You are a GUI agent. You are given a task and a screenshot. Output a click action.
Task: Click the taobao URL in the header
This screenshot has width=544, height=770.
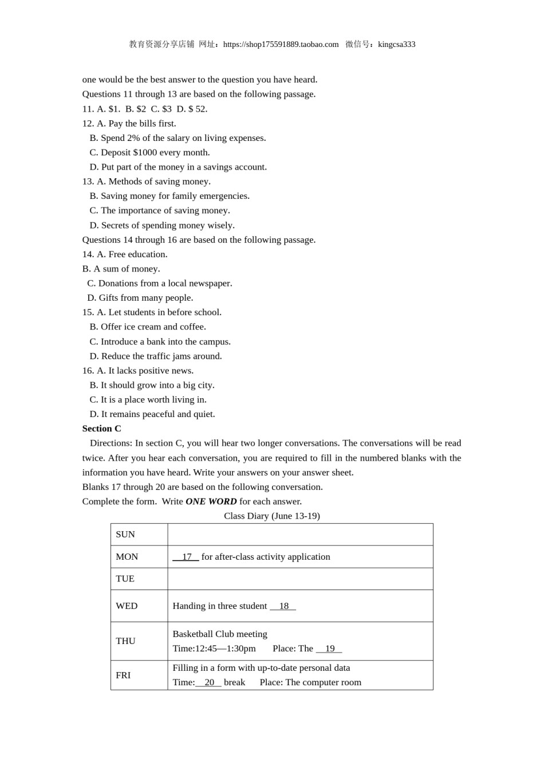pos(281,45)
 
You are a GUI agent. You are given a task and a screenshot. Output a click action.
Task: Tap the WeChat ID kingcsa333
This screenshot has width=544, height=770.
pos(396,45)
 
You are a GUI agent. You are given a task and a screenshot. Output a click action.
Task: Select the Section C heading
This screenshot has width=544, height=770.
pos(102,429)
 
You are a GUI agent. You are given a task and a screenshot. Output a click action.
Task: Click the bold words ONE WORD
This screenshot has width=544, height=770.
pos(211,501)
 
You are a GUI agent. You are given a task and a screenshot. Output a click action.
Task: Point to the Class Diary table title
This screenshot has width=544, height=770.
pos(271,516)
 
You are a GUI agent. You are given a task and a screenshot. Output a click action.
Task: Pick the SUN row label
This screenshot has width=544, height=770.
pos(125,535)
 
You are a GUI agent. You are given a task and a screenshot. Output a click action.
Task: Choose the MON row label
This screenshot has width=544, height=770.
pos(127,557)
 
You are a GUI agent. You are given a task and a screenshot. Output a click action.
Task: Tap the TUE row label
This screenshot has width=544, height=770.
pos(125,579)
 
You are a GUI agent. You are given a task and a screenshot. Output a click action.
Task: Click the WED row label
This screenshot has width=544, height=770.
pos(127,606)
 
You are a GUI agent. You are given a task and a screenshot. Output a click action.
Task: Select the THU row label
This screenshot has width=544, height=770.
pos(125,641)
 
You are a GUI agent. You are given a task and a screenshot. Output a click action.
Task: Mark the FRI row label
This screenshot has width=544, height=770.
pos(123,675)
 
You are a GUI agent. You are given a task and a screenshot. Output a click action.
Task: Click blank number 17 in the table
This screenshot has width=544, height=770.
pos(186,557)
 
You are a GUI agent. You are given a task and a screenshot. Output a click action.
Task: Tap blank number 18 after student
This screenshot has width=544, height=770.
pos(283,606)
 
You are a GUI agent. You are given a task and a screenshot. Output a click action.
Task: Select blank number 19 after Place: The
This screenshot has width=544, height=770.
pos(329,649)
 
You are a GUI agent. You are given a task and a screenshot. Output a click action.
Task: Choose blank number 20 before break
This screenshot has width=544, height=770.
pos(209,682)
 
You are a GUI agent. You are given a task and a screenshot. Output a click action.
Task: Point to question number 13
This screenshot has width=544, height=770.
pos(88,182)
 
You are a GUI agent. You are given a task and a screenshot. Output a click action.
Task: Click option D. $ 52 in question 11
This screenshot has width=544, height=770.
pos(192,109)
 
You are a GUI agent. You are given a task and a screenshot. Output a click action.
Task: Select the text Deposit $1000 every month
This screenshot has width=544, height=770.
pos(155,152)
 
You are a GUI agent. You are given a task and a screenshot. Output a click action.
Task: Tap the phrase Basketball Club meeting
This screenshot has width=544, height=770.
pos(220,634)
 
